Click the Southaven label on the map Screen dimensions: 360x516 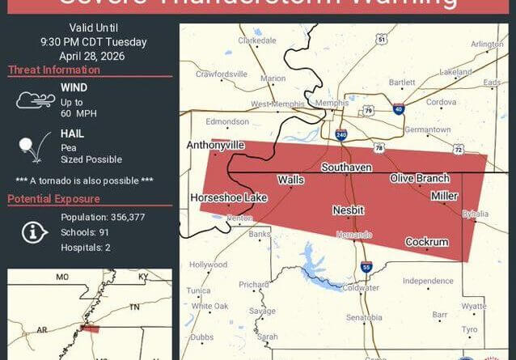(x=345, y=167)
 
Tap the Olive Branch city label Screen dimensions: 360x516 (x=419, y=178)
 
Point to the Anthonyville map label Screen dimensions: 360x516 (x=215, y=145)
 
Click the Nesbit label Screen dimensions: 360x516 (x=348, y=210)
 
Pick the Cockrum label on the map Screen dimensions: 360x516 (x=426, y=242)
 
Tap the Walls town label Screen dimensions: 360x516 (x=290, y=180)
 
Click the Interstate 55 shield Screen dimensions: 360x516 (x=366, y=266)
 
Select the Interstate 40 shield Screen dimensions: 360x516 (x=399, y=108)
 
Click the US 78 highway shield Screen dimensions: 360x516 (x=379, y=147)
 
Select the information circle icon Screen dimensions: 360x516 (x=33, y=232)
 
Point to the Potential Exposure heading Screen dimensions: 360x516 (x=54, y=199)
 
